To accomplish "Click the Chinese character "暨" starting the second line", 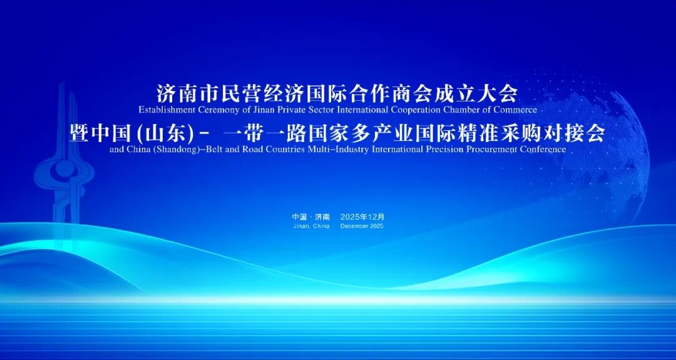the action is pos(78,133).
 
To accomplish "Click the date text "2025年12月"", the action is pos(362,217).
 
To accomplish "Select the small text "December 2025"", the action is pos(362,227).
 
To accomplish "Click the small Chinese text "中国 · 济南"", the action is pos(311,217).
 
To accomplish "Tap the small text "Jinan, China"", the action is pos(311,227).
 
